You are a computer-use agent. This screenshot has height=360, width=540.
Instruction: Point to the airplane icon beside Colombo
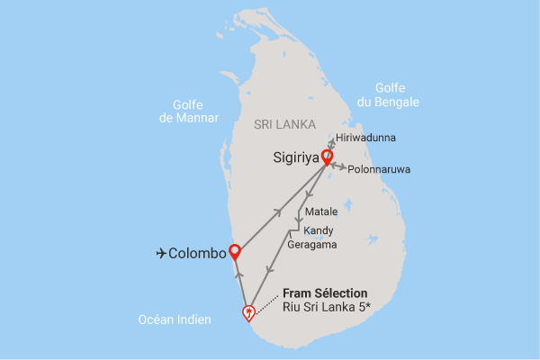(161, 253)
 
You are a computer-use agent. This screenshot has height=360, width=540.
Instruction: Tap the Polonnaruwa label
(377, 168)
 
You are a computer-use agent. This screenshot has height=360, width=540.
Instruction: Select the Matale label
(321, 212)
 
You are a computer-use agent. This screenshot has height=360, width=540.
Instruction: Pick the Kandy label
(319, 229)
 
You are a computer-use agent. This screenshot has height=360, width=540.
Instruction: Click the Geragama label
(313, 244)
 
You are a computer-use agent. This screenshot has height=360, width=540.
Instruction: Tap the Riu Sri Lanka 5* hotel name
(330, 308)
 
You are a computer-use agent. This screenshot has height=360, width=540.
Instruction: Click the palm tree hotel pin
(248, 312)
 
